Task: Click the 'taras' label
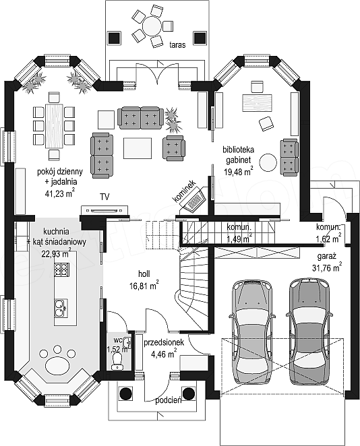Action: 177,44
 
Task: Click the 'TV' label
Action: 104,197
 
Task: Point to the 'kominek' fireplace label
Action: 185,191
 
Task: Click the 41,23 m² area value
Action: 60,193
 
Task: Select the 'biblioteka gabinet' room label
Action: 239,155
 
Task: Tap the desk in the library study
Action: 257,103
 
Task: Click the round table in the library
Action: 268,162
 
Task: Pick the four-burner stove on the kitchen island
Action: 62,269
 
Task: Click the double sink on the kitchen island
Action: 61,308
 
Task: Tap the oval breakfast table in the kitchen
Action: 58,364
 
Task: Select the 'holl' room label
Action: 144,274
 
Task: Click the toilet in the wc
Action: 117,362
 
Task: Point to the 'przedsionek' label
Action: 164,342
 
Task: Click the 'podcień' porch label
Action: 169,401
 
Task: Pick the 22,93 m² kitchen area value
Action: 56,253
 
